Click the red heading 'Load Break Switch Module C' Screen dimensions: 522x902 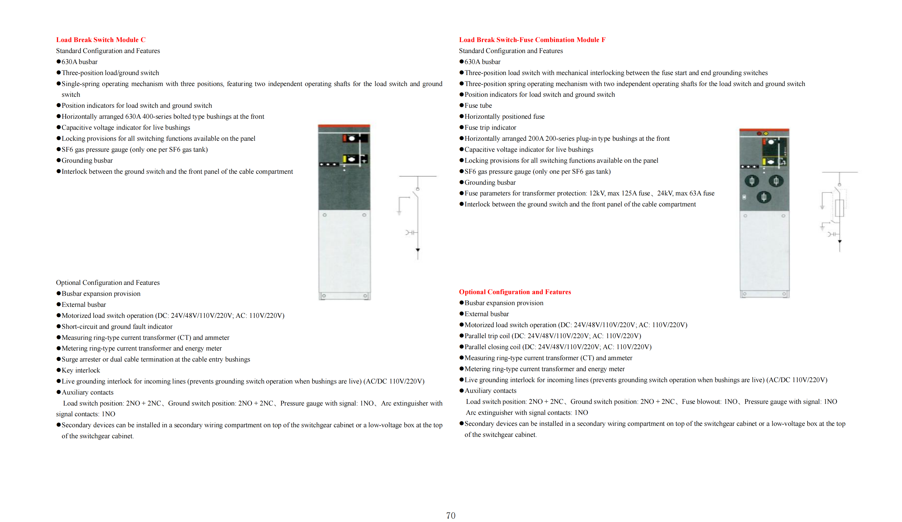[101, 40]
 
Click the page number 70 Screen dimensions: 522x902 [451, 515]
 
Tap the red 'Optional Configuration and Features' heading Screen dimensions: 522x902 [515, 292]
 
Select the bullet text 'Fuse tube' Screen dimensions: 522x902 [478, 106]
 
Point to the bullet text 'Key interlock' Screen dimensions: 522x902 [81, 370]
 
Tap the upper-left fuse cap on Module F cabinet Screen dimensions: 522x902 [752, 181]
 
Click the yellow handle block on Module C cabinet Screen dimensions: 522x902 [345, 159]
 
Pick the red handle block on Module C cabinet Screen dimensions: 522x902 [344, 138]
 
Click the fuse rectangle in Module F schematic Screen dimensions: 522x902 [839, 208]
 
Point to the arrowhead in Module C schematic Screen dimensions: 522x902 [418, 250]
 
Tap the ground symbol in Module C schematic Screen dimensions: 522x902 [399, 213]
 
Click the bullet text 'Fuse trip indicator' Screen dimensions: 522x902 [490, 127]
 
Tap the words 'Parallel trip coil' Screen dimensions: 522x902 [487, 336]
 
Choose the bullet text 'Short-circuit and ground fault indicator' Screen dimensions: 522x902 [117, 326]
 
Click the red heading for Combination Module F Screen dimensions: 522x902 [532, 40]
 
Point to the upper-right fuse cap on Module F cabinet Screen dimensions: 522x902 [776, 181]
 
